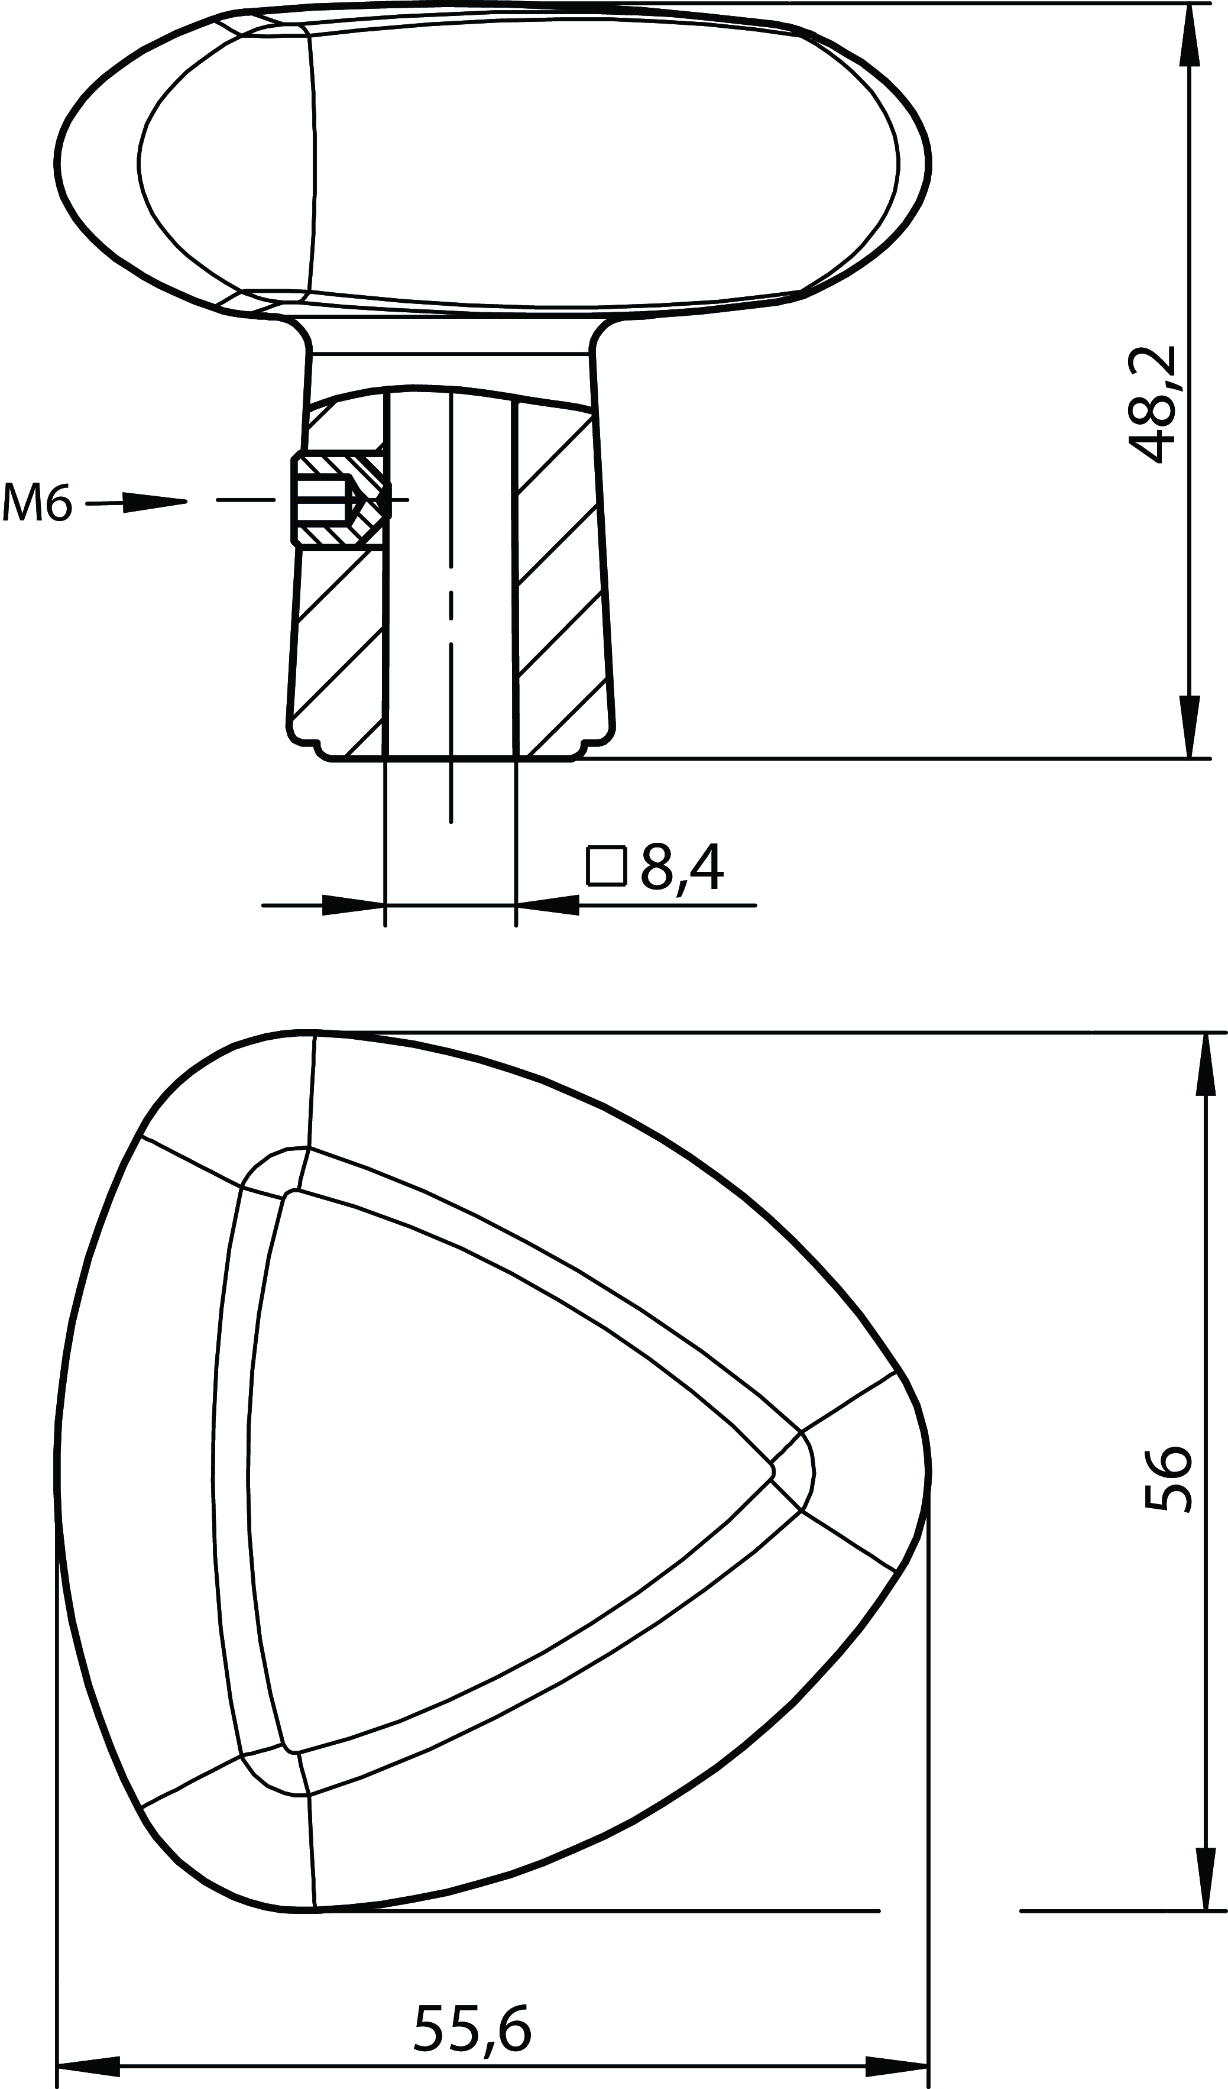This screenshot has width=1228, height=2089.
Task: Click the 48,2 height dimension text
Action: pyautogui.click(x=1154, y=404)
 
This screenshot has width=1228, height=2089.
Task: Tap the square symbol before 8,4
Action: pyautogui.click(x=605, y=866)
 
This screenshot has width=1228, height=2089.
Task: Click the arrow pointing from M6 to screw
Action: pyautogui.click(x=153, y=502)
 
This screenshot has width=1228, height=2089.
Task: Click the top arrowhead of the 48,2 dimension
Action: pyautogui.click(x=1190, y=33)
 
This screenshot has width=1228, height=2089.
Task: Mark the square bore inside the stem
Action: pyautogui.click(x=451, y=580)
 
